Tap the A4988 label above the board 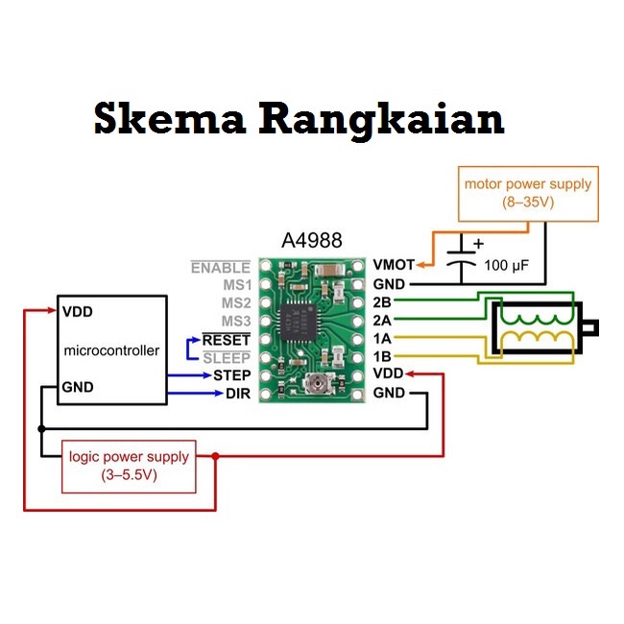(x=311, y=241)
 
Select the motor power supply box (x=528, y=193)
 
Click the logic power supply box (x=129, y=466)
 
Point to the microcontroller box (x=111, y=350)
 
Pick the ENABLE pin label (x=220, y=268)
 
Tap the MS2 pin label (x=235, y=303)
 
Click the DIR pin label (x=237, y=394)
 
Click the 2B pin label (x=382, y=303)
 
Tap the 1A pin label (x=382, y=339)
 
